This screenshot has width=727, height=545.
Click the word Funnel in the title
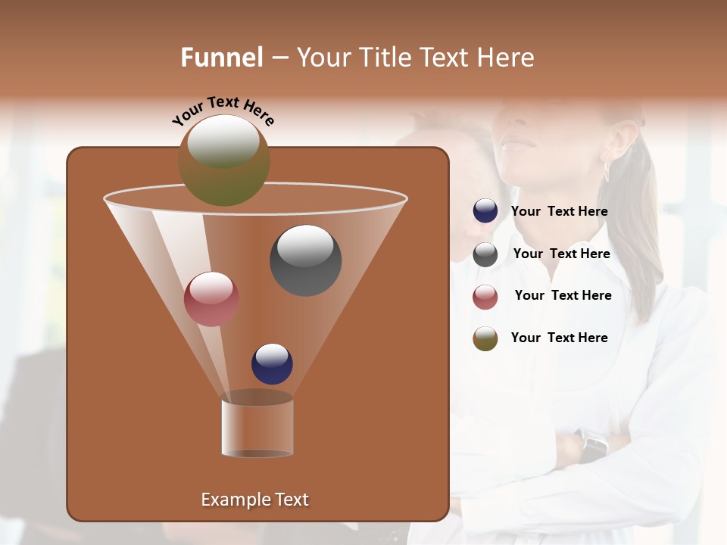221,58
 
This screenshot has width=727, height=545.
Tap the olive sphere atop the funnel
223,160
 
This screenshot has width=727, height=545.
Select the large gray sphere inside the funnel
305,260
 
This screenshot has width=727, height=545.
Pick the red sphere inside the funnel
211,299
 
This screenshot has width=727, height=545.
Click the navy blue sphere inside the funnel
272,363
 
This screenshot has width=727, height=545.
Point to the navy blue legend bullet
485,211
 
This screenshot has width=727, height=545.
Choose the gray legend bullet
485,254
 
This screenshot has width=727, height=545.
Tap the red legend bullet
485,297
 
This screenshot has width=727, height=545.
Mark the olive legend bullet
485,338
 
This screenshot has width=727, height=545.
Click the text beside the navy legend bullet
559,212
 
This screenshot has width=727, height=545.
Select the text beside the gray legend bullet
561,254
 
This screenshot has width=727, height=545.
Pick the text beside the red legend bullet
563,296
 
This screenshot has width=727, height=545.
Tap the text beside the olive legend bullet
559,338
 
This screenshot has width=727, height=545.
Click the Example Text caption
254,500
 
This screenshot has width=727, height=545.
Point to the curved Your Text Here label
223,111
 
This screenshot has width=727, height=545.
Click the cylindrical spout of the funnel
257,427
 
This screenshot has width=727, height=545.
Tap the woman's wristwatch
593,445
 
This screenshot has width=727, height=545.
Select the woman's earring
607,170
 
